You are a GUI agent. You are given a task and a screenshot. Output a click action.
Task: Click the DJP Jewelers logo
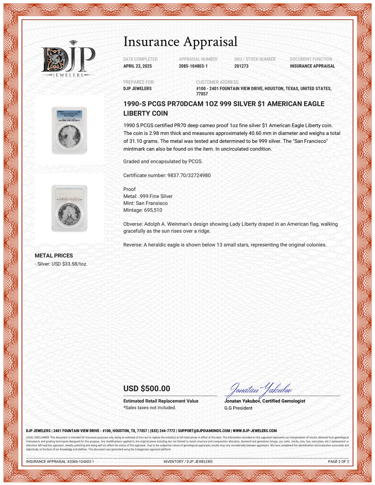click(68, 59)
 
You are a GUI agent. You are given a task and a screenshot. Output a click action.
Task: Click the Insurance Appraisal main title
click(180, 42)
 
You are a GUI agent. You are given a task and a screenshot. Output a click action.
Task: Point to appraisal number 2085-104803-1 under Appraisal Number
click(193, 66)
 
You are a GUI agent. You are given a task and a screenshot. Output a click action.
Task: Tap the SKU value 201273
click(241, 66)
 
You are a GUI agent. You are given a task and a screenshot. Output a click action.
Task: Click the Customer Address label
click(217, 82)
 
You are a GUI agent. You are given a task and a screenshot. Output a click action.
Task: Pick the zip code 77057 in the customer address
click(202, 94)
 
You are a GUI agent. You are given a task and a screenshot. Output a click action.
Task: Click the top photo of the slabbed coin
click(69, 130)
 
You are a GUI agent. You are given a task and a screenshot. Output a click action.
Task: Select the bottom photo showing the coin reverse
click(69, 208)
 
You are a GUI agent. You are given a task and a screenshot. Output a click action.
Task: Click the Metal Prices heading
click(54, 256)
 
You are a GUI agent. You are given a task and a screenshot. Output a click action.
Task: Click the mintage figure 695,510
click(153, 210)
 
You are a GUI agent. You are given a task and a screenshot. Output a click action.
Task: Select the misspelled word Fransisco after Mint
click(157, 203)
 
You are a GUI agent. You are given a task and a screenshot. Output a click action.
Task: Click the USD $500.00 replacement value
click(147, 389)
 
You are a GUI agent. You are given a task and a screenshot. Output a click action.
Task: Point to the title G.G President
click(238, 408)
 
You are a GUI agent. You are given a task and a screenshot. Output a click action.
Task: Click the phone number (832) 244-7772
click(162, 431)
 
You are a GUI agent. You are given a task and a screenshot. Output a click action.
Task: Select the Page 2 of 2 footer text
click(338, 461)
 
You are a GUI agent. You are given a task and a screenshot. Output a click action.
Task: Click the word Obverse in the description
click(132, 224)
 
